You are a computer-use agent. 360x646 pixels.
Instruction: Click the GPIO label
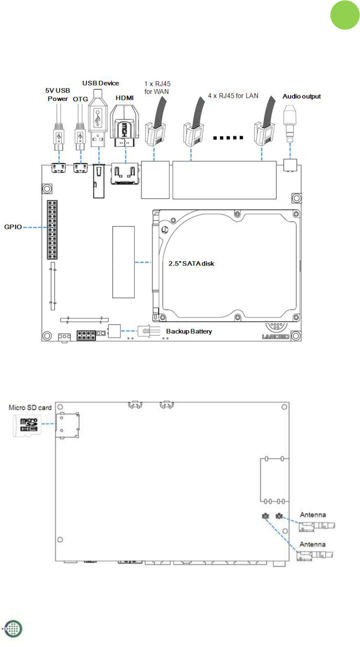pos(13,227)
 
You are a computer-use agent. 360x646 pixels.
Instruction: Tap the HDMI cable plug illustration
pos(125,126)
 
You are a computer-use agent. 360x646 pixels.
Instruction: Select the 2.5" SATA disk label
pos(191,264)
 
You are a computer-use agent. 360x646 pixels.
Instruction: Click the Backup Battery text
pos(189,332)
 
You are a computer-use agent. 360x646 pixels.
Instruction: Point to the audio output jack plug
pos(290,124)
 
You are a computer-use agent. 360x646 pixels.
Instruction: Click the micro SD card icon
pos(27,425)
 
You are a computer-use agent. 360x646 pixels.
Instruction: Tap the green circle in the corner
pos(345,15)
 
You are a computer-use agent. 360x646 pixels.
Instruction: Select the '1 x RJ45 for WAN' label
pos(158,88)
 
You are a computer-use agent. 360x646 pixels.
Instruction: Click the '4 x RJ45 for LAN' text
pos(233,96)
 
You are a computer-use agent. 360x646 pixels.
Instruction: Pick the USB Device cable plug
pos(99,118)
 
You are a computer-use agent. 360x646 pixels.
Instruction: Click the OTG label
pos(80,99)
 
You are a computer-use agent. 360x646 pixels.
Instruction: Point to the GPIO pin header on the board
pos(52,230)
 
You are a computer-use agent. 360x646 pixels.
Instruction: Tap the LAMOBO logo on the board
pos(276,337)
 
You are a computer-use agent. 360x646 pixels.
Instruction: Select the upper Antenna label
pos(313,515)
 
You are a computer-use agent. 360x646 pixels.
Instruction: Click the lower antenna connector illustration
pos(314,555)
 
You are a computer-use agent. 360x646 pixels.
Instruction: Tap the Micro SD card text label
pos(30,407)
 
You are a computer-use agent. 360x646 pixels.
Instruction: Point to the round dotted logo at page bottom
pos(13,629)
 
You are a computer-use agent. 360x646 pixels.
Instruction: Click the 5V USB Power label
pos(58,95)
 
